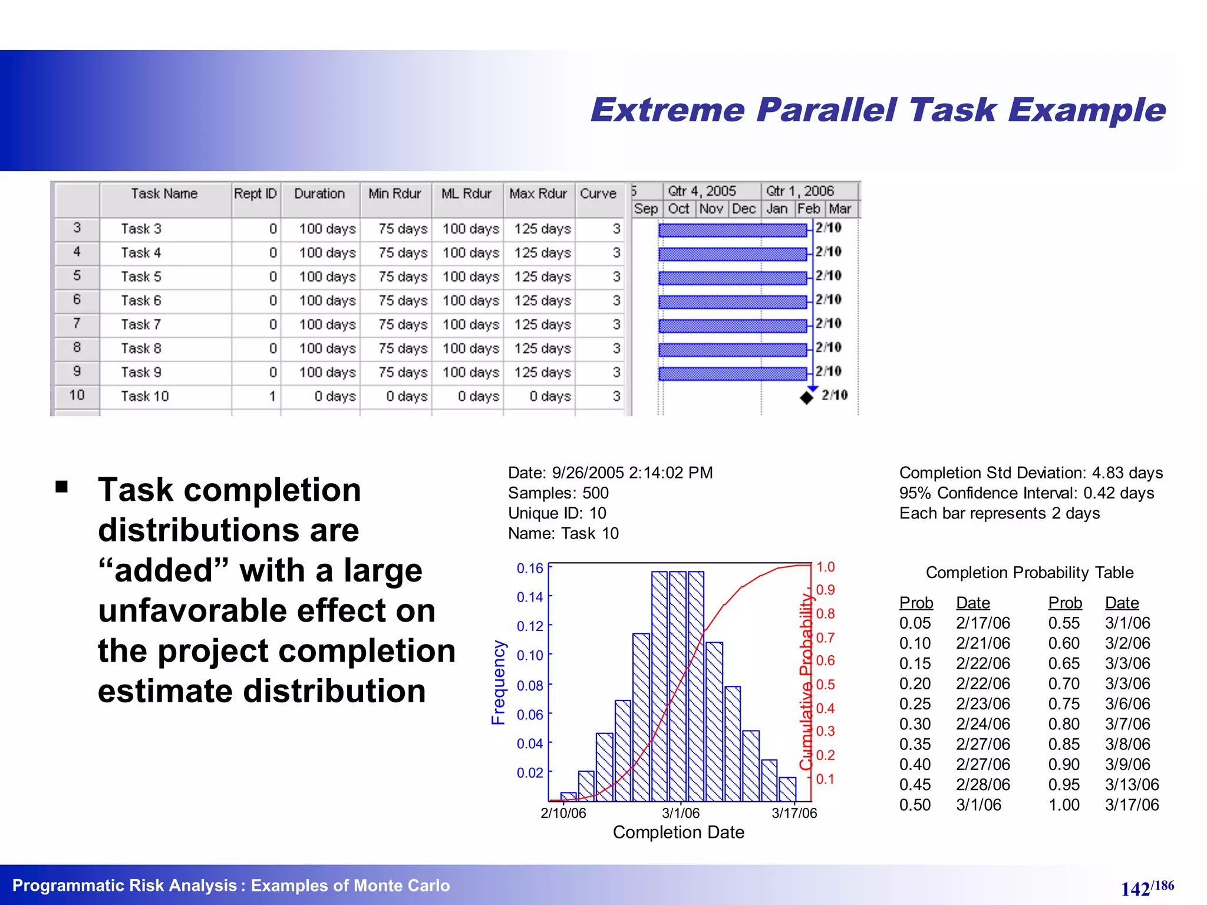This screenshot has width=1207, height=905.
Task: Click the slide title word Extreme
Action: pos(667,110)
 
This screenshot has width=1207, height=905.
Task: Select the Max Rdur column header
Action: pos(537,194)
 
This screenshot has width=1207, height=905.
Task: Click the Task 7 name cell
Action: pos(141,325)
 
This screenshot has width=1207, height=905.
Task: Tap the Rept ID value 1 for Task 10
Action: pos(272,397)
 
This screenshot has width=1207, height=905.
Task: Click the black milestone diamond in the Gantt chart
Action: pos(806,398)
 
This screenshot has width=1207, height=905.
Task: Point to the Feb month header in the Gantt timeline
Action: pos(808,209)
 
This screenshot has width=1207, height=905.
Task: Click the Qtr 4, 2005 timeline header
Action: pos(701,191)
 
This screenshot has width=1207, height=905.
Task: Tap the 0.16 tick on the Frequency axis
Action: pos(529,569)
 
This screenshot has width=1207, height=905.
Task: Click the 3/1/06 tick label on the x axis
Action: pos(681,813)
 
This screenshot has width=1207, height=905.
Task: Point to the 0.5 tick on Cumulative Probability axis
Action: pos(825,685)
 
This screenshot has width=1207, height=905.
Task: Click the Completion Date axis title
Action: pos(678,833)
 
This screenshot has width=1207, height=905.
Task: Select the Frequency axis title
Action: pos(499,682)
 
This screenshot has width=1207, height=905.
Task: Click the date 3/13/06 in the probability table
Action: pos(1132,785)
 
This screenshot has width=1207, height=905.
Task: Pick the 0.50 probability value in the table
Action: pos(915,805)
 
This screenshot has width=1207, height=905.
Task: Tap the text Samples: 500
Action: pos(558,493)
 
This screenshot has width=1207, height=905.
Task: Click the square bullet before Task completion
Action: pos(61,487)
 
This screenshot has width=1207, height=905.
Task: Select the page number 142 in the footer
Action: pos(1135,889)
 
